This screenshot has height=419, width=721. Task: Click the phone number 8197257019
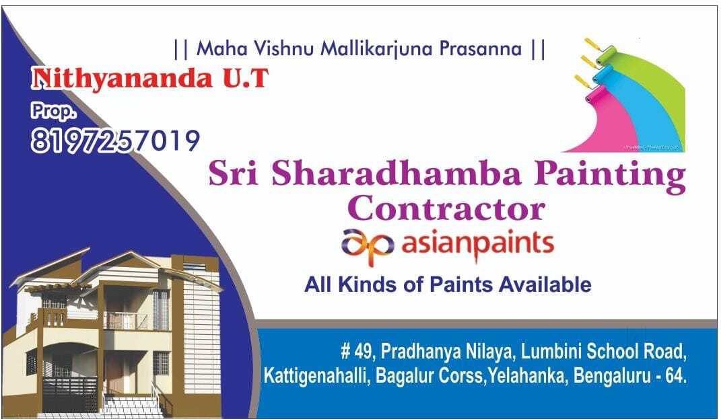click(x=115, y=141)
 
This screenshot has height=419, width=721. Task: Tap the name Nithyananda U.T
click(x=150, y=79)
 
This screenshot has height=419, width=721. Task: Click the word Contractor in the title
click(x=448, y=208)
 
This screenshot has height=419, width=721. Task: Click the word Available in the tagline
click(x=545, y=284)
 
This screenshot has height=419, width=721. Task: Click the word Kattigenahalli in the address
click(x=314, y=376)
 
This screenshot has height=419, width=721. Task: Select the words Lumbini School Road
click(x=605, y=351)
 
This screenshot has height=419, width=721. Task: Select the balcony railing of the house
click(x=128, y=321)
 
